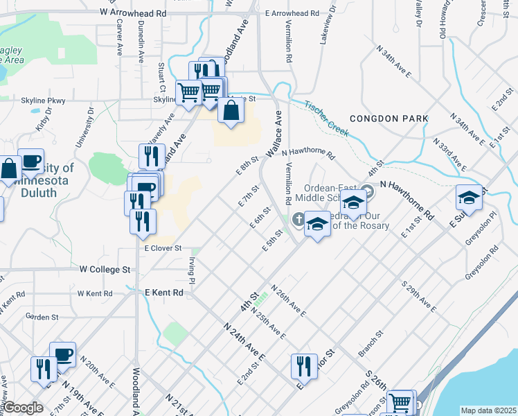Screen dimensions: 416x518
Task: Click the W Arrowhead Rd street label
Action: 133,12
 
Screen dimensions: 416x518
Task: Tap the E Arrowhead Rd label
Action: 292,12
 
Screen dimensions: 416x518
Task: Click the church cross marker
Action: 298,220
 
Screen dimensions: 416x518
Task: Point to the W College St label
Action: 105,268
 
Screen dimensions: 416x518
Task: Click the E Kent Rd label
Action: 164,293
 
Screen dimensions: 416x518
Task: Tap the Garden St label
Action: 42,317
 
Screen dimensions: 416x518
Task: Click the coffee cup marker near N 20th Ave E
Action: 62,354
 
